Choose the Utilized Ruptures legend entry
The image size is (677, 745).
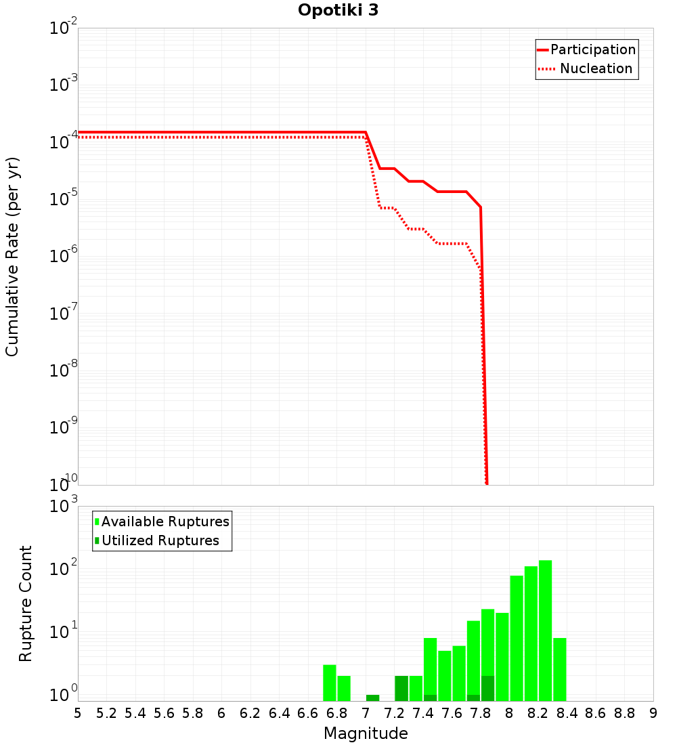pyautogui.click(x=160, y=541)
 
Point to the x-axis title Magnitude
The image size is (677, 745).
pyautogui.click(x=366, y=733)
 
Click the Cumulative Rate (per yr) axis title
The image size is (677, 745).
pyautogui.click(x=12, y=257)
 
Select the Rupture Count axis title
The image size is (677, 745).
pyautogui.click(x=26, y=603)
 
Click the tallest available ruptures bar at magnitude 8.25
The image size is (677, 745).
pyautogui.click(x=546, y=630)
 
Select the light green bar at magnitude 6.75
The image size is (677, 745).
pyautogui.click(x=330, y=683)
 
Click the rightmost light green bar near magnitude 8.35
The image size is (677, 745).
pyautogui.click(x=560, y=669)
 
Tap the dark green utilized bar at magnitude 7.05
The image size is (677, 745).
pyautogui.click(x=372, y=698)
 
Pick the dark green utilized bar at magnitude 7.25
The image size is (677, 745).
pyautogui.click(x=401, y=688)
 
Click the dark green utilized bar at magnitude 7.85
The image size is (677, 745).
pyautogui.click(x=488, y=688)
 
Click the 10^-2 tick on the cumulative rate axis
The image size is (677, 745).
pyautogui.click(x=64, y=28)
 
